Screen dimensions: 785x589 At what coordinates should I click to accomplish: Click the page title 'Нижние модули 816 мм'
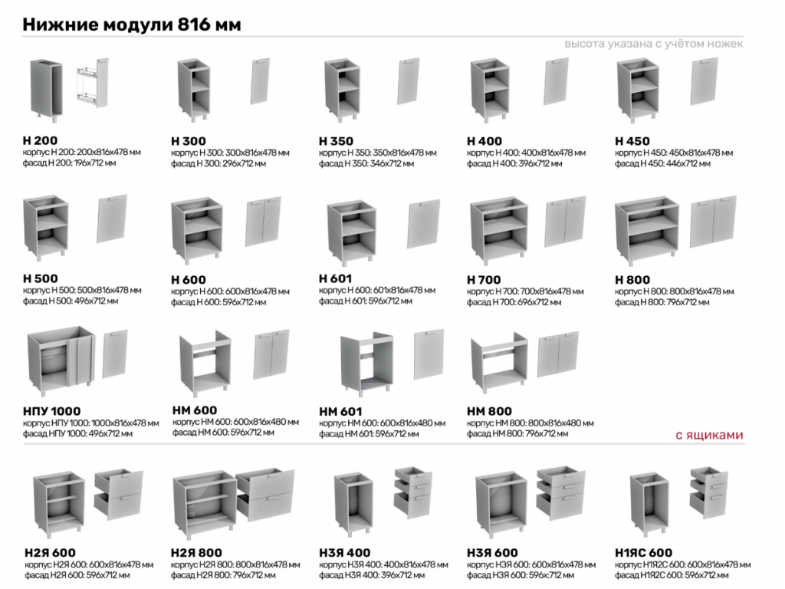(x=132, y=24)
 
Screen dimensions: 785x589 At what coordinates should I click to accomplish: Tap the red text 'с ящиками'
(x=709, y=435)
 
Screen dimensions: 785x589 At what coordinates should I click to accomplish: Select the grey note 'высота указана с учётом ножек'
(x=653, y=44)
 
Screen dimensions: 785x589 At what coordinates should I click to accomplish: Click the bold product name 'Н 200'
(x=40, y=140)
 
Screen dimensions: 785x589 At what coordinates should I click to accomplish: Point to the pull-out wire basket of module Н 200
(x=92, y=83)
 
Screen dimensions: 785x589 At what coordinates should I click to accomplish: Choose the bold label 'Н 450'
(x=632, y=141)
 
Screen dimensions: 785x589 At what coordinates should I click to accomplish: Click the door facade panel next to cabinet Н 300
(x=260, y=81)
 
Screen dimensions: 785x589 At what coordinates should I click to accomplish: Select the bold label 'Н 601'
(x=336, y=278)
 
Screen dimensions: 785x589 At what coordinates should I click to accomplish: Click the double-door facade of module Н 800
(x=713, y=222)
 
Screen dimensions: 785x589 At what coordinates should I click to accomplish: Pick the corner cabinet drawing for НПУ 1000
(x=61, y=359)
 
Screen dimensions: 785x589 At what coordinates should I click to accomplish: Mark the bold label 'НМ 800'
(x=489, y=411)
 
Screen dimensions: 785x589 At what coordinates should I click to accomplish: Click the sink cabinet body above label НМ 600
(x=205, y=363)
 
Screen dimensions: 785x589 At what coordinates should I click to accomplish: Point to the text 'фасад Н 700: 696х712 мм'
(x=514, y=302)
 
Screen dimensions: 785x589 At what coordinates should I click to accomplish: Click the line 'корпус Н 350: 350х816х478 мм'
(x=377, y=153)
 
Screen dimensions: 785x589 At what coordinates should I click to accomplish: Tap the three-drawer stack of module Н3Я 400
(x=413, y=492)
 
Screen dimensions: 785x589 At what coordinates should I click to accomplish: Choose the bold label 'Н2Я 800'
(x=196, y=552)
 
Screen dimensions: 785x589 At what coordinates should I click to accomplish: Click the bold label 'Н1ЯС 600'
(x=643, y=552)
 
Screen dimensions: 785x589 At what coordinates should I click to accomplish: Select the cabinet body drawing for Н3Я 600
(x=501, y=504)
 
